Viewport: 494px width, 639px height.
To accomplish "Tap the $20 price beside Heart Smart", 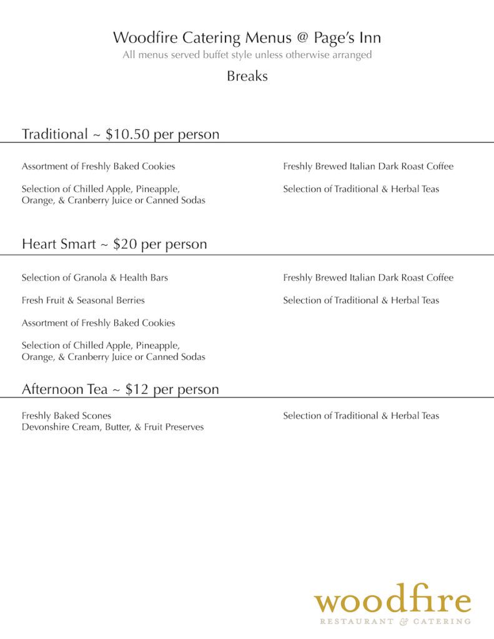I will [x=125, y=244].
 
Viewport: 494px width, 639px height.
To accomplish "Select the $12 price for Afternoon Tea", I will [x=137, y=389].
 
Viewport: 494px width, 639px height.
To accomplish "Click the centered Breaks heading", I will [x=247, y=76].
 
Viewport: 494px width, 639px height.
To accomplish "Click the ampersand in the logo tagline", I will [x=403, y=622].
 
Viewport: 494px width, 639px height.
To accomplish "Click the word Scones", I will [x=97, y=416].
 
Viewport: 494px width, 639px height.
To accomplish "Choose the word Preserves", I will [x=184, y=427].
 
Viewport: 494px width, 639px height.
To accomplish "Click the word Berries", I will [x=130, y=300].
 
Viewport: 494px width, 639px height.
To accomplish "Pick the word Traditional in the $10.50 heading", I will [x=54, y=134].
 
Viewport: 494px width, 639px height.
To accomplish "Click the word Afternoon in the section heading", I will [x=56, y=389].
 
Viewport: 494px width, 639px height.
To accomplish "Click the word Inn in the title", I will [x=370, y=37].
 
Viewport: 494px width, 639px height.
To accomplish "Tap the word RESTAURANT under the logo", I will [x=357, y=622].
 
